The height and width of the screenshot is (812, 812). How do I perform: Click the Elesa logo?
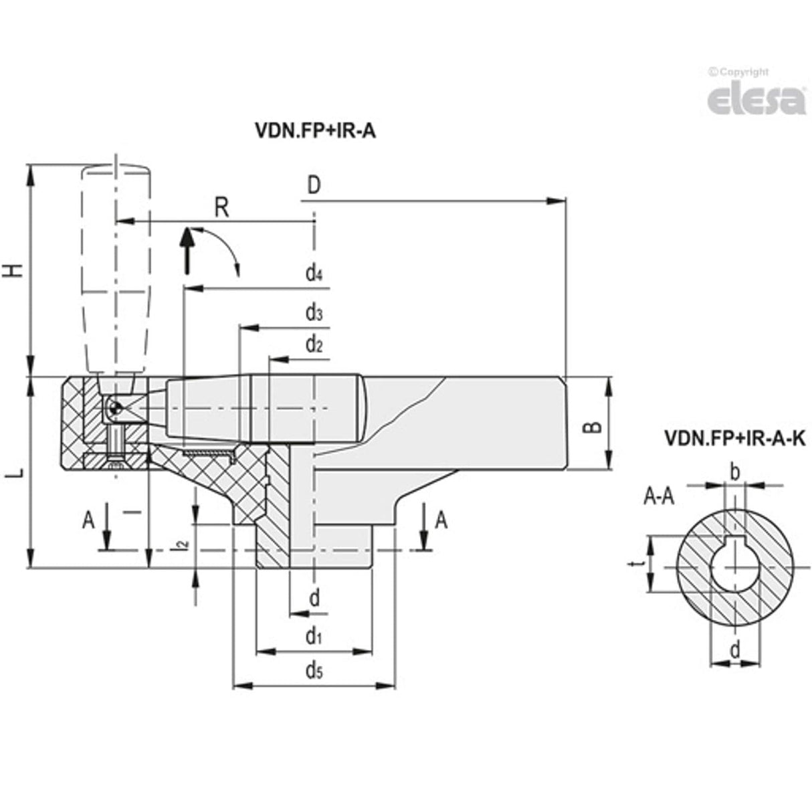(x=756, y=100)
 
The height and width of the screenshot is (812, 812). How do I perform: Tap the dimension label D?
(x=314, y=186)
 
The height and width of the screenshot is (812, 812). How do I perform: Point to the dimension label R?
(x=222, y=208)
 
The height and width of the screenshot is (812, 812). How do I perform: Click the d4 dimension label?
(x=314, y=273)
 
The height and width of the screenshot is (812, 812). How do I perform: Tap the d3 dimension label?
(x=314, y=312)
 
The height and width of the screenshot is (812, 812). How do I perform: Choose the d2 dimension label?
(x=314, y=344)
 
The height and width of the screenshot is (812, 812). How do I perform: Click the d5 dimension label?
(x=314, y=671)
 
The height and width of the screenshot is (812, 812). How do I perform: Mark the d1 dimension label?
(x=314, y=636)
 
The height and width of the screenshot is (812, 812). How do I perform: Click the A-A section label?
(x=658, y=496)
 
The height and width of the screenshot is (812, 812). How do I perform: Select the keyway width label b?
(x=734, y=473)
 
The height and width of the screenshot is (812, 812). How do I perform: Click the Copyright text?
(x=738, y=72)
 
